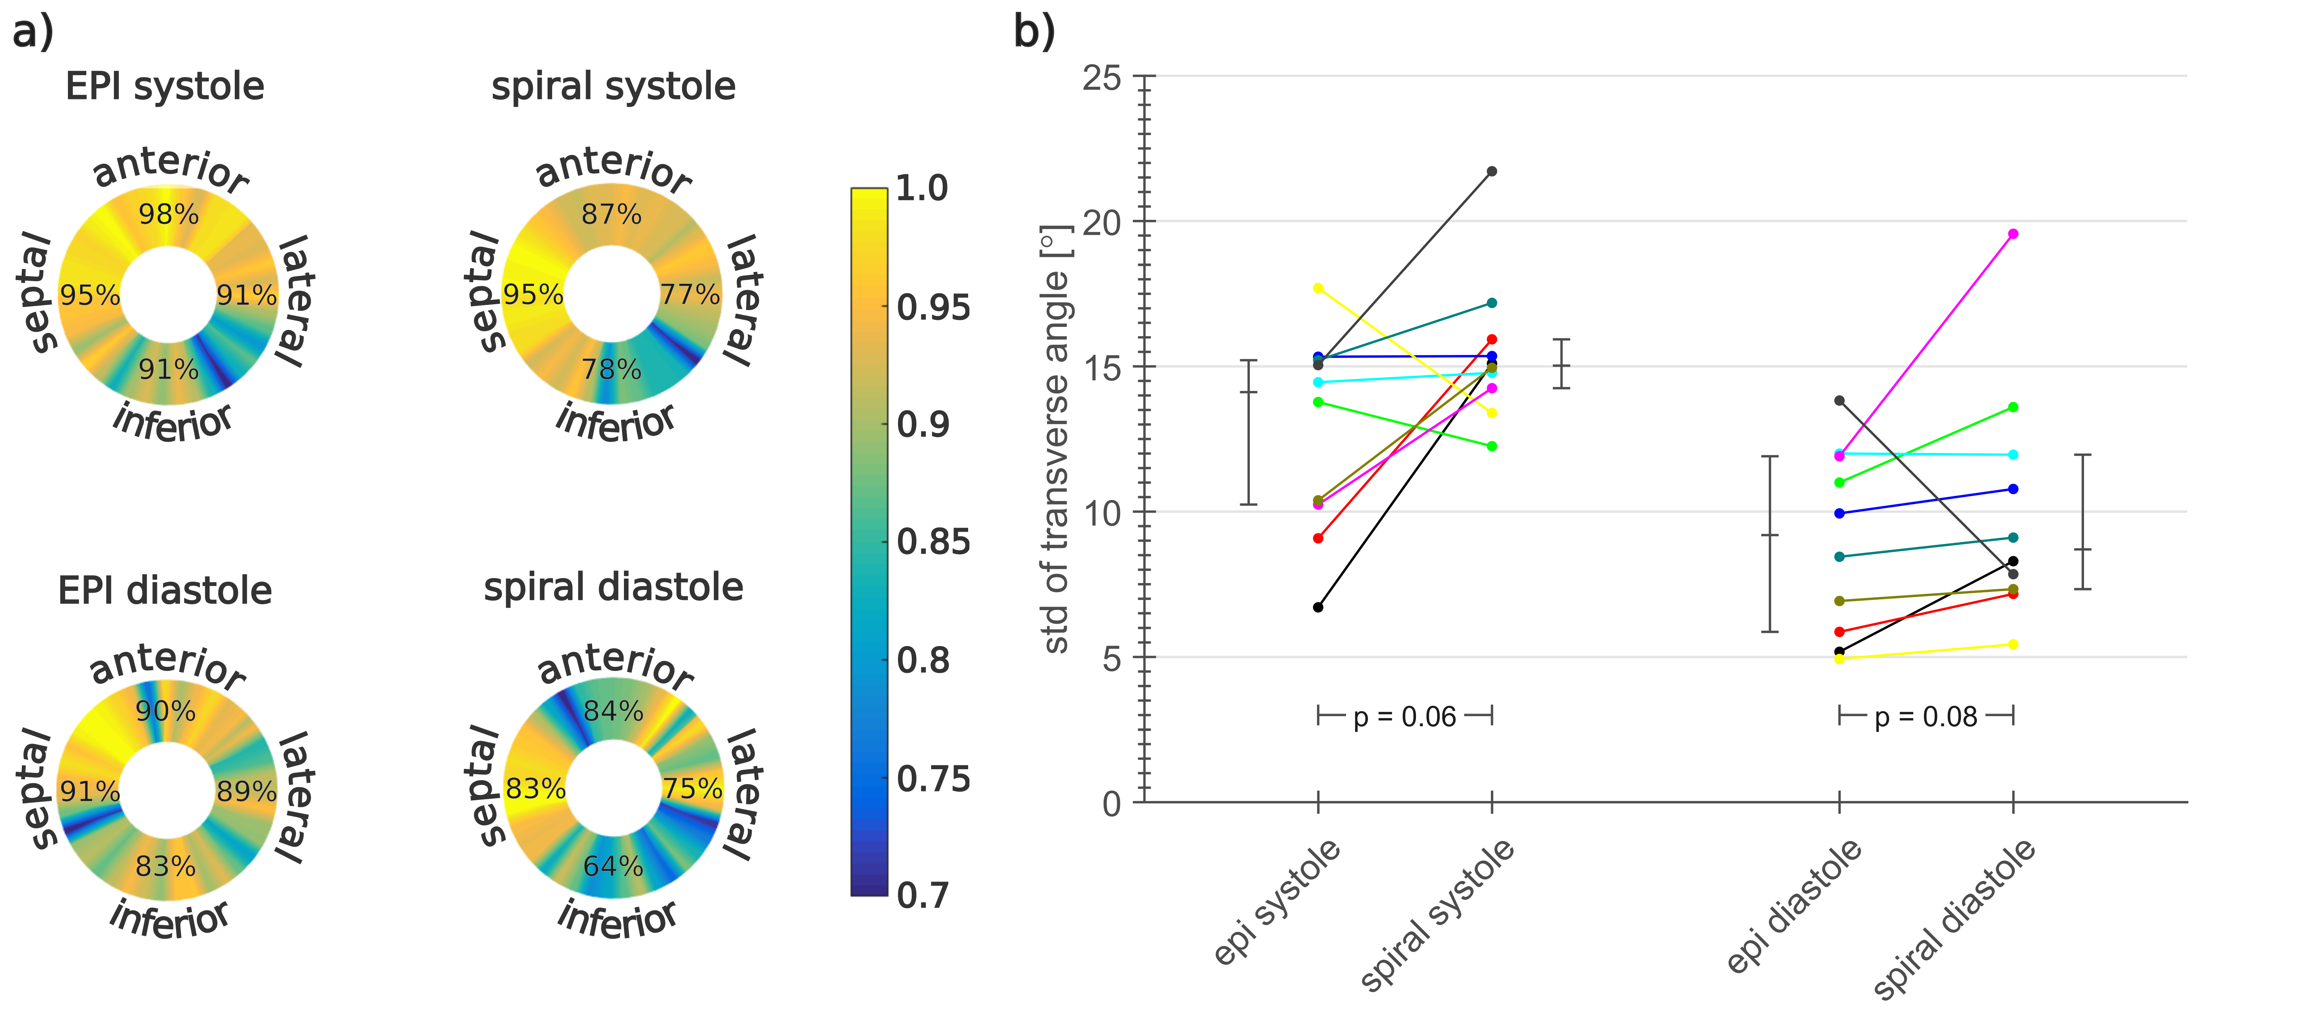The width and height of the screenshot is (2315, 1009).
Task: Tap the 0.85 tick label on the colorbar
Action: coord(933,542)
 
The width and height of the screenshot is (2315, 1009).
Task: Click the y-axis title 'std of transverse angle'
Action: coord(1057,440)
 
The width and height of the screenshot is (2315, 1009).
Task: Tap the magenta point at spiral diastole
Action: coord(2013,234)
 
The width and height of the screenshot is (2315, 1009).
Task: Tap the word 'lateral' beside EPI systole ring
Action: coord(295,301)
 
